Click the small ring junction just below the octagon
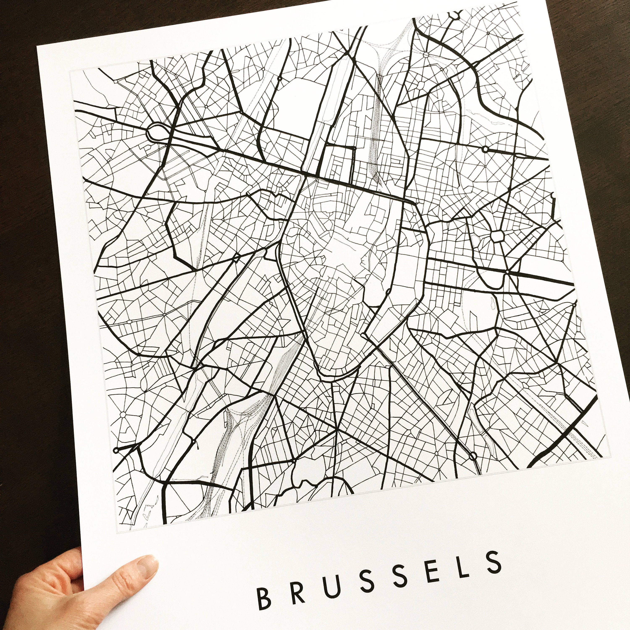pos(507,272)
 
